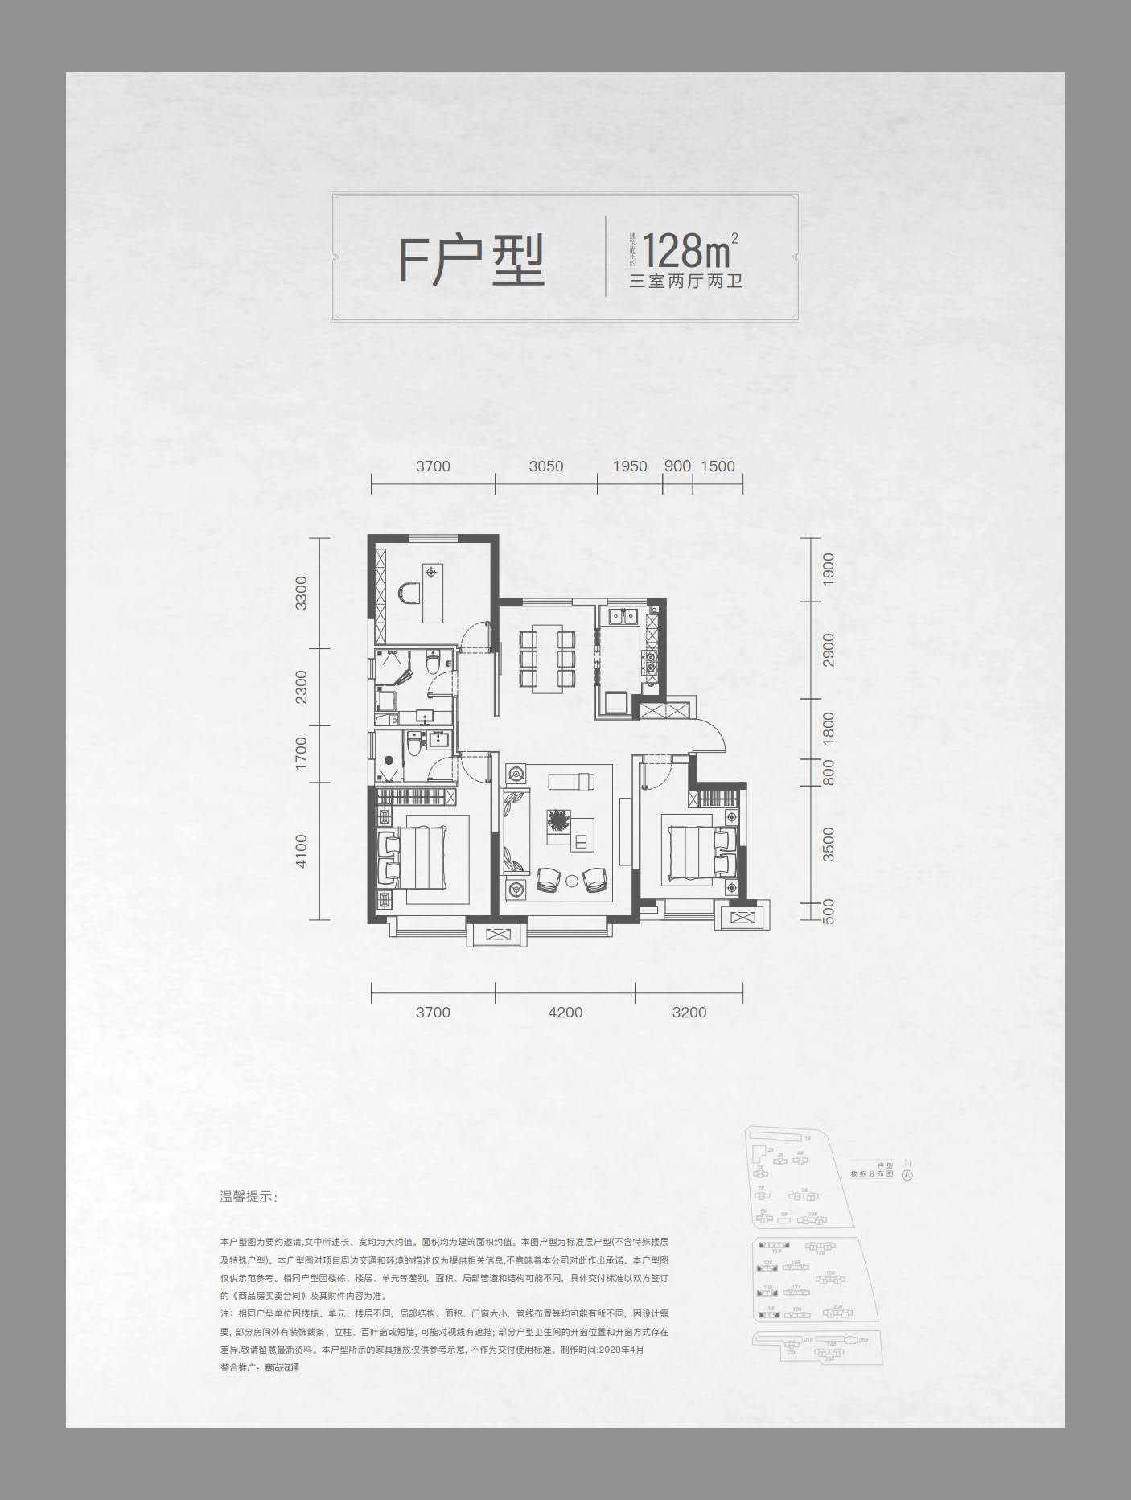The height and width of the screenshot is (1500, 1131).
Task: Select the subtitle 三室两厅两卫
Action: coord(685,282)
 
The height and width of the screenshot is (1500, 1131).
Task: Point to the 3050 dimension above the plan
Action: coord(545,466)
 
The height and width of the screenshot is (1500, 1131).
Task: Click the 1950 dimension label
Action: coord(629,466)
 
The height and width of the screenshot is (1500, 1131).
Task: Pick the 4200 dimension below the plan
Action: coord(565,1013)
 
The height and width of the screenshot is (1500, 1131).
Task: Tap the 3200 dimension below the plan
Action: coord(689,1013)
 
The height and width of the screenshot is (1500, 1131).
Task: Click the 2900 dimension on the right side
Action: coord(829,649)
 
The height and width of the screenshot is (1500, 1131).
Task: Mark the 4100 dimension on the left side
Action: coord(301,850)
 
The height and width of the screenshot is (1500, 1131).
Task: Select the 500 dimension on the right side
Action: coord(829,910)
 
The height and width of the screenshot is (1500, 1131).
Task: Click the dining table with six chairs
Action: coord(547,660)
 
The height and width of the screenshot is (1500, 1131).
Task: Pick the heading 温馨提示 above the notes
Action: coord(248,1197)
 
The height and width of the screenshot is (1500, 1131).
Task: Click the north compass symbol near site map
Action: coord(907,1173)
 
